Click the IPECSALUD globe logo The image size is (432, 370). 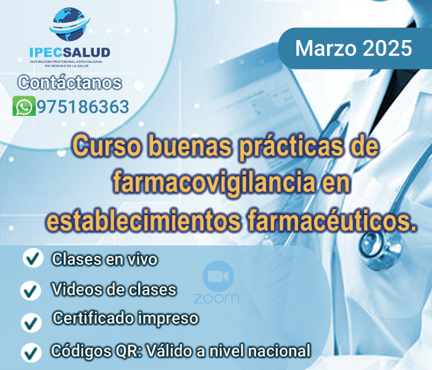[x=69, y=27]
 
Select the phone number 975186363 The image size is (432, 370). [x=83, y=106]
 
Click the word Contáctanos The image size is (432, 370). [x=70, y=83]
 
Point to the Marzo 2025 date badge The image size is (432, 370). [x=354, y=48]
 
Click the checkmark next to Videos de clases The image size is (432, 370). [x=30, y=290]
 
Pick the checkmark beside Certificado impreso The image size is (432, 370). [x=30, y=321]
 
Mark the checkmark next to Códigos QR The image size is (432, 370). [x=30, y=352]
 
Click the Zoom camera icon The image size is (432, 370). [x=217, y=275]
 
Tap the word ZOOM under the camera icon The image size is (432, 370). [x=217, y=298]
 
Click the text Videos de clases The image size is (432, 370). [x=114, y=289]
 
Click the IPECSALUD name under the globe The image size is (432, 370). [x=69, y=54]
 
